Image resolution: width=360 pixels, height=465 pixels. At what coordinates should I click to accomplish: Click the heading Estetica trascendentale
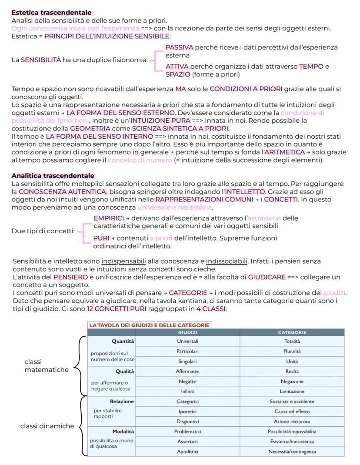click(51, 13)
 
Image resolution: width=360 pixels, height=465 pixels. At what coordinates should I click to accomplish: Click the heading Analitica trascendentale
click(53, 176)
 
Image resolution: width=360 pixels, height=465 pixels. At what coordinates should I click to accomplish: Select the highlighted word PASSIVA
click(180, 47)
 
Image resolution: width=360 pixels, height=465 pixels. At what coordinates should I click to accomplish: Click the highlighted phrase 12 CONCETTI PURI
click(113, 309)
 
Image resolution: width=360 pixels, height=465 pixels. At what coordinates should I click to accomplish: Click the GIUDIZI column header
click(188, 332)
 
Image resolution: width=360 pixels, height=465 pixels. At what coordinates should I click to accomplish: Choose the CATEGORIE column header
click(292, 332)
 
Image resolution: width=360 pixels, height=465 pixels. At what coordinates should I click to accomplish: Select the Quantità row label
click(123, 341)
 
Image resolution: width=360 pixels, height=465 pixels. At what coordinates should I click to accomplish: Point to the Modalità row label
click(123, 432)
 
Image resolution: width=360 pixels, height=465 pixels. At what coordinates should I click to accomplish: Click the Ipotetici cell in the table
click(188, 411)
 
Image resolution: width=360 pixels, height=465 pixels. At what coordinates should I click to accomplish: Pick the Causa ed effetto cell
click(292, 411)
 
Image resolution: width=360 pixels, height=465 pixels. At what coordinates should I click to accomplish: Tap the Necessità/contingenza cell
click(292, 452)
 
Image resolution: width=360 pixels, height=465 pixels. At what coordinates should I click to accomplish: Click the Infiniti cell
click(188, 391)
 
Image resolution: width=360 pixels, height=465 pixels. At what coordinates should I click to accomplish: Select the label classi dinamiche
click(47, 426)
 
